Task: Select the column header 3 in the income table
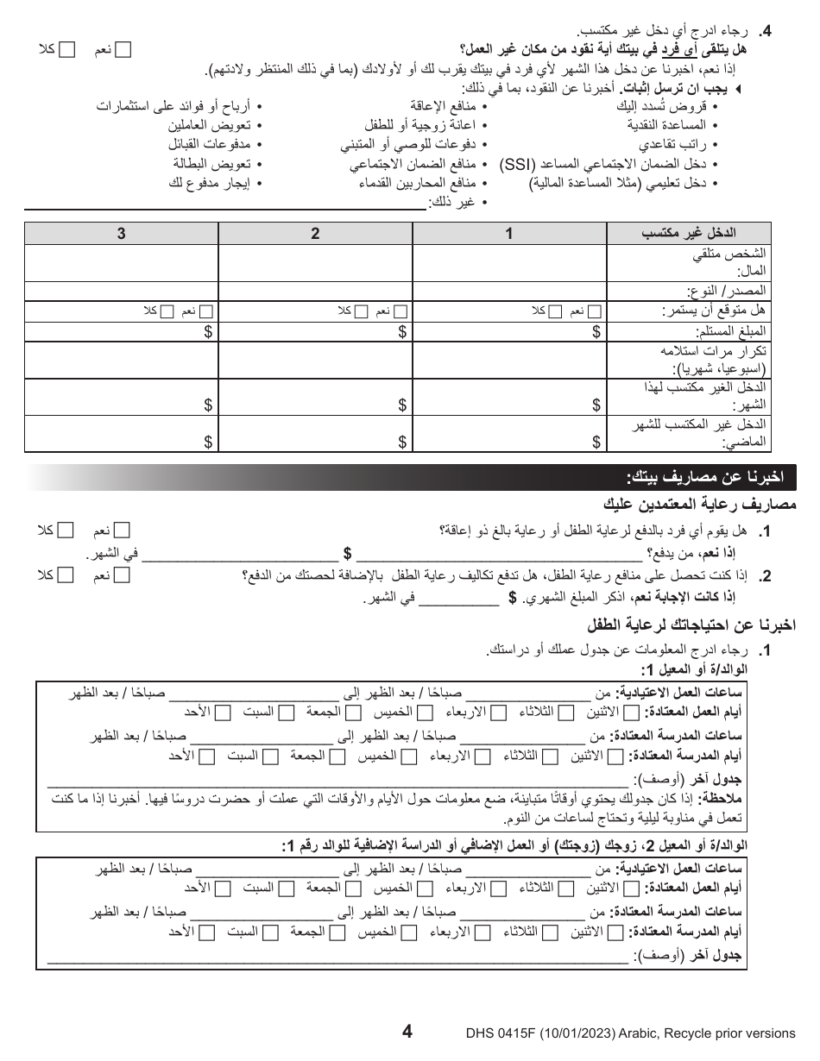pyautogui.click(x=122, y=233)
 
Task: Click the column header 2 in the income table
pyautogui.click(x=316, y=233)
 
